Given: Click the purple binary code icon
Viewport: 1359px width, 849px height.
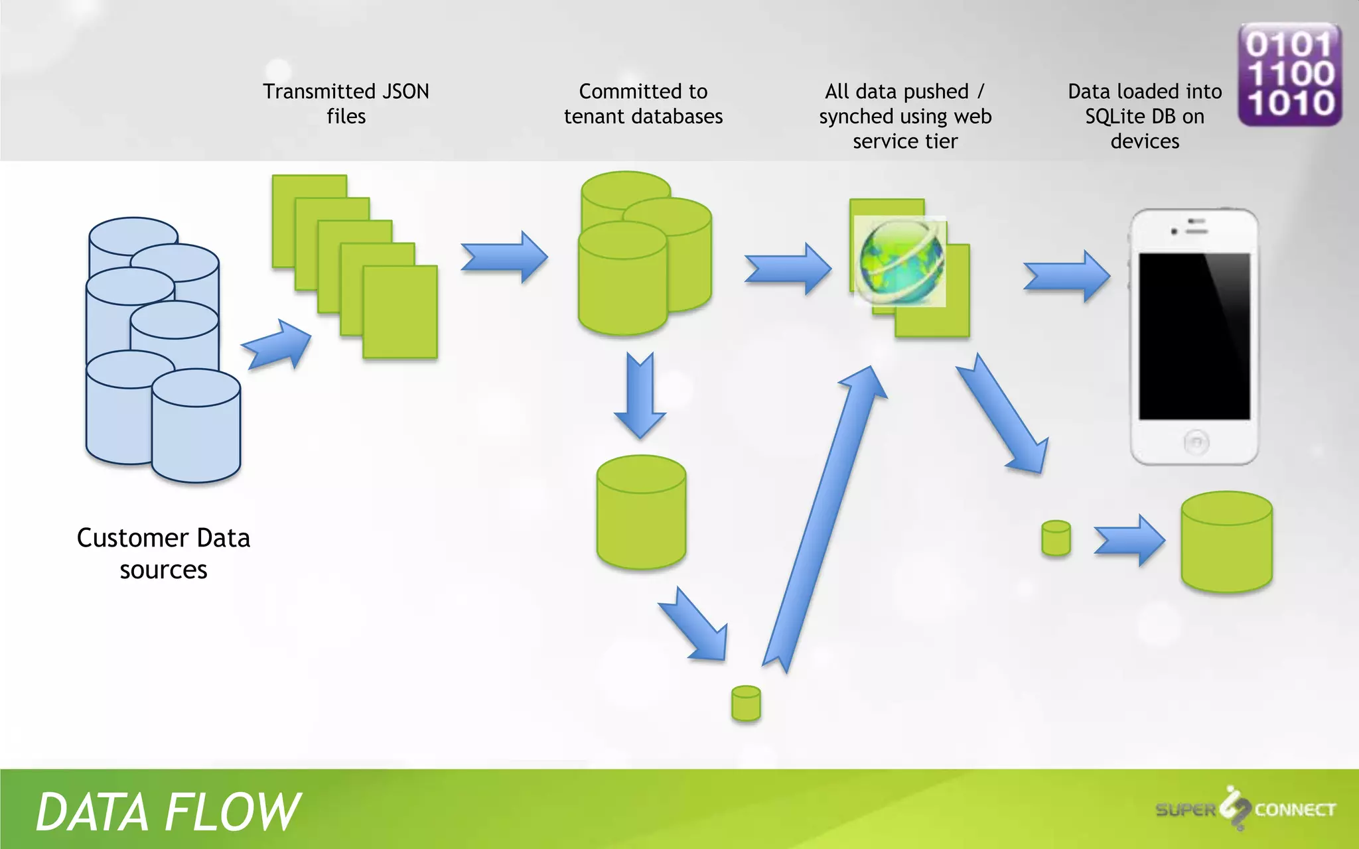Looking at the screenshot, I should [1289, 74].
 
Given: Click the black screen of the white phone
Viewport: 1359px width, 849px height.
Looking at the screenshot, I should [1194, 336].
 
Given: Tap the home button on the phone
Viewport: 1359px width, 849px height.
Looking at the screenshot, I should [1196, 442].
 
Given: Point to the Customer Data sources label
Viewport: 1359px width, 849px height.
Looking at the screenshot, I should [163, 553].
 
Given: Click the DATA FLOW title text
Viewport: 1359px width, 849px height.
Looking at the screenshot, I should [167, 811].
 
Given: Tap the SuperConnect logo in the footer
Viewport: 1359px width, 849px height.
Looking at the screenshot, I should [1245, 809].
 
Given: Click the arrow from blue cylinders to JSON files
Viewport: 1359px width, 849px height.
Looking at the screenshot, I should [277, 345].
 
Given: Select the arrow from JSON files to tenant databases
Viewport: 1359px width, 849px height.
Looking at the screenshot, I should [504, 257].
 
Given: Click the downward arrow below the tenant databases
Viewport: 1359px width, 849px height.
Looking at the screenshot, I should [640, 395].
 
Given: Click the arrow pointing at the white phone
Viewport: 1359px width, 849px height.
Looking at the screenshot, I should [1066, 276].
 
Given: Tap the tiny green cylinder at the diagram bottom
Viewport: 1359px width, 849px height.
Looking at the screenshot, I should [746, 703].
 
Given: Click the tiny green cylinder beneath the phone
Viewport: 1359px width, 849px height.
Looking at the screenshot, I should [1056, 538].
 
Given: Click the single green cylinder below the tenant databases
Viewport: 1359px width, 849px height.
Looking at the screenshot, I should [641, 512].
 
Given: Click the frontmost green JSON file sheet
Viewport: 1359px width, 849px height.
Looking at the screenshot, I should [400, 312].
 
